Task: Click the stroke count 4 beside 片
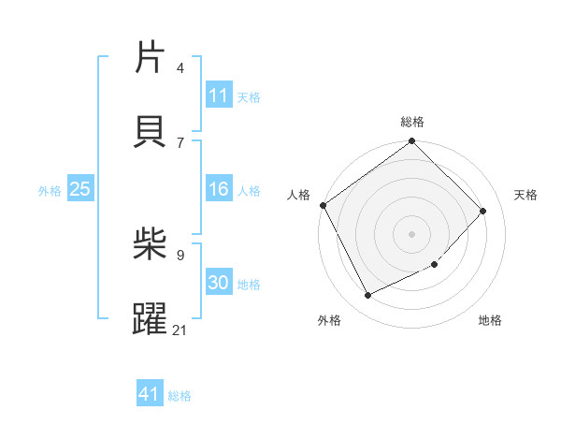[180, 68]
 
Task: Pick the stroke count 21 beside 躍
[180, 330]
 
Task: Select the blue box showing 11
[219, 95]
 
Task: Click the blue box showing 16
[219, 190]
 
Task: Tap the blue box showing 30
[219, 283]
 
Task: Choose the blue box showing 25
[80, 189]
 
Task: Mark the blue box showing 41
[150, 394]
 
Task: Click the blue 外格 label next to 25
[50, 190]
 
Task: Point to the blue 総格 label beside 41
[180, 396]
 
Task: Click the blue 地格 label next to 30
[249, 285]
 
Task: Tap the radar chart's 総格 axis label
[412, 122]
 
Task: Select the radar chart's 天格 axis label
[525, 195]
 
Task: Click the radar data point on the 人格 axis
[324, 205]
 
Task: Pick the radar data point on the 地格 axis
[435, 265]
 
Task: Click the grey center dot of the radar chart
[412, 234]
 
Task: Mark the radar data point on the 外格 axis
[367, 296]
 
